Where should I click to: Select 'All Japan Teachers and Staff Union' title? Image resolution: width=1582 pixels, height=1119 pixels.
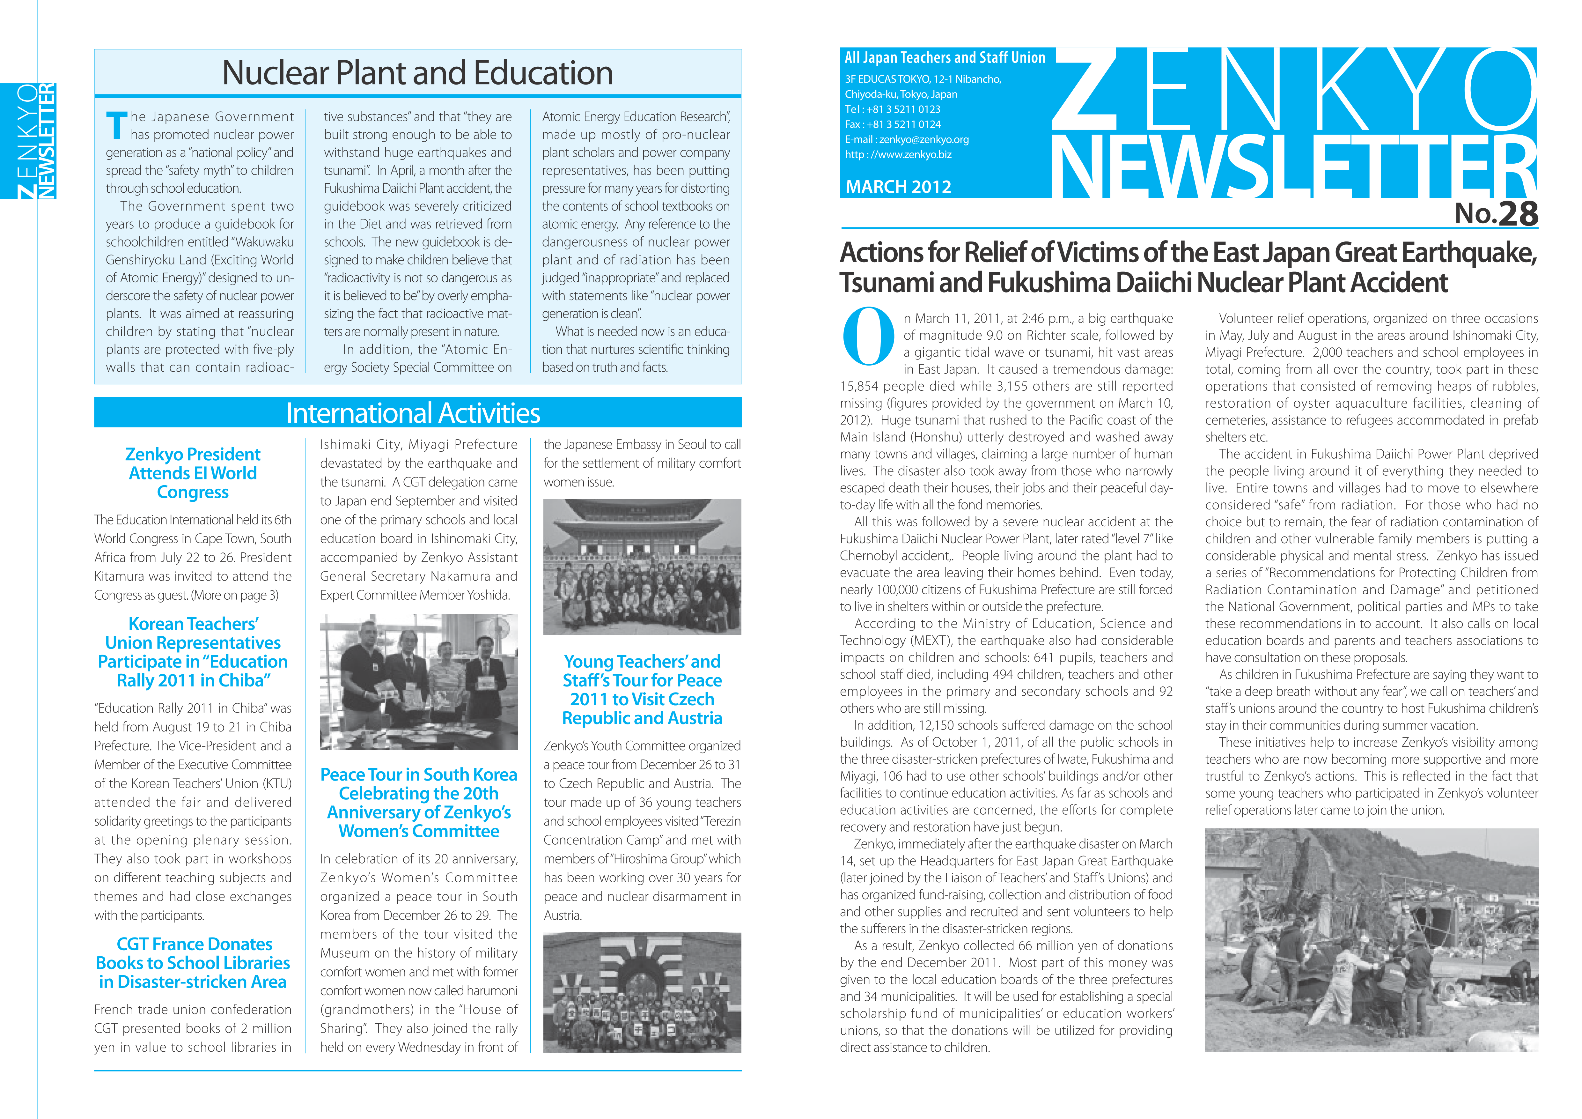point(945,58)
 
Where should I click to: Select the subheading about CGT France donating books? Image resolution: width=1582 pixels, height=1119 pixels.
point(193,963)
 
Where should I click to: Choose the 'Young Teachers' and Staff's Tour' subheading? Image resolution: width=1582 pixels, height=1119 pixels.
point(642,690)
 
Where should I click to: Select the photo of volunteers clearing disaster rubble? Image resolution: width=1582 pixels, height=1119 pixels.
point(1371,940)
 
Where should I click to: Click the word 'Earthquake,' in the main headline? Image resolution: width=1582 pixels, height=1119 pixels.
point(1469,253)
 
